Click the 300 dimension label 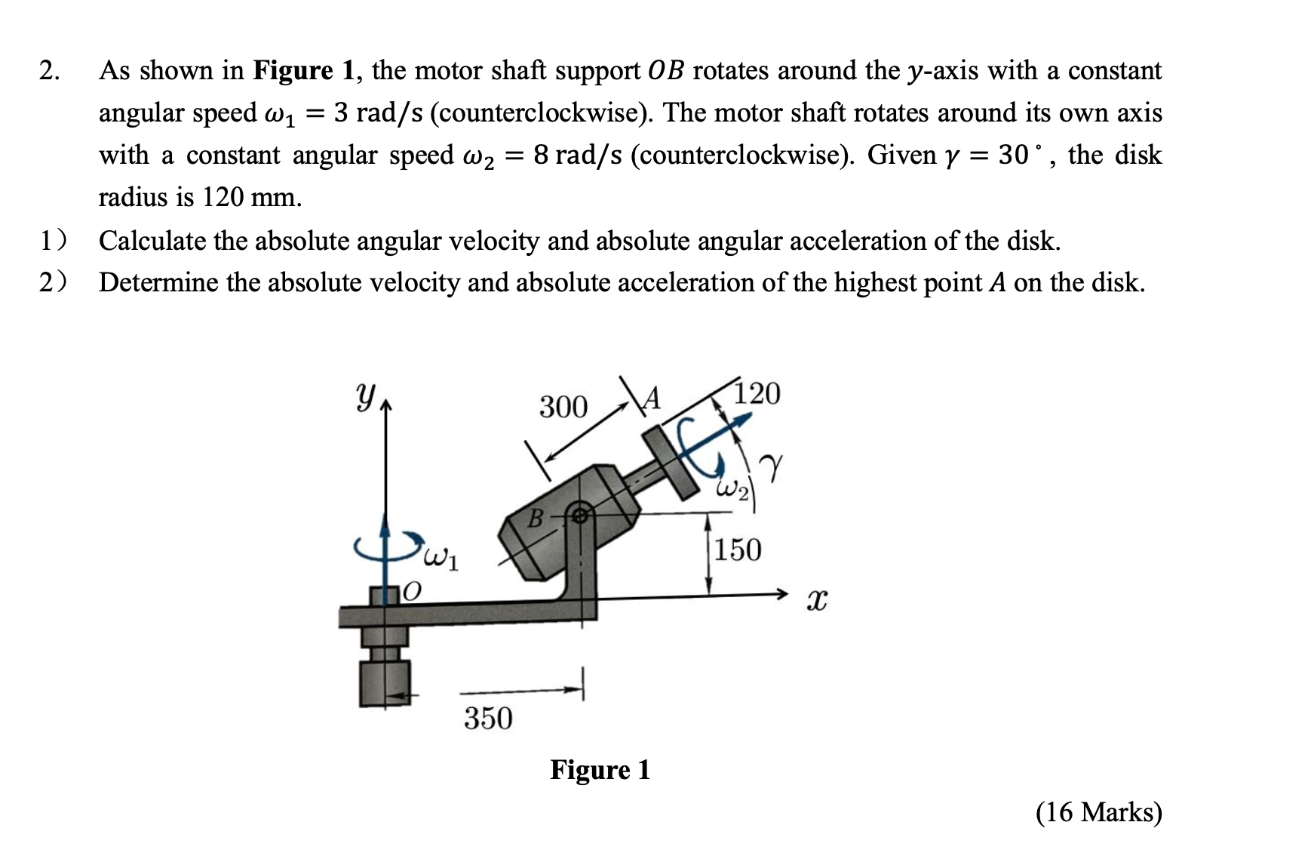point(563,408)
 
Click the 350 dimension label point(488,718)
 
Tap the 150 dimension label point(738,550)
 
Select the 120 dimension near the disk point(757,394)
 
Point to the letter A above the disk point(652,398)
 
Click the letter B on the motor point(535,519)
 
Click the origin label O point(411,591)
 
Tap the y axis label point(364,395)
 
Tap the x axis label point(816,601)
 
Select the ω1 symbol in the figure point(441,559)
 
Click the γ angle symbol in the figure point(771,464)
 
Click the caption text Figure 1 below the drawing point(600,770)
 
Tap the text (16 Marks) point(1098,812)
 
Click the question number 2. point(49,71)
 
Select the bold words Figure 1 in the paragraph point(303,71)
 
